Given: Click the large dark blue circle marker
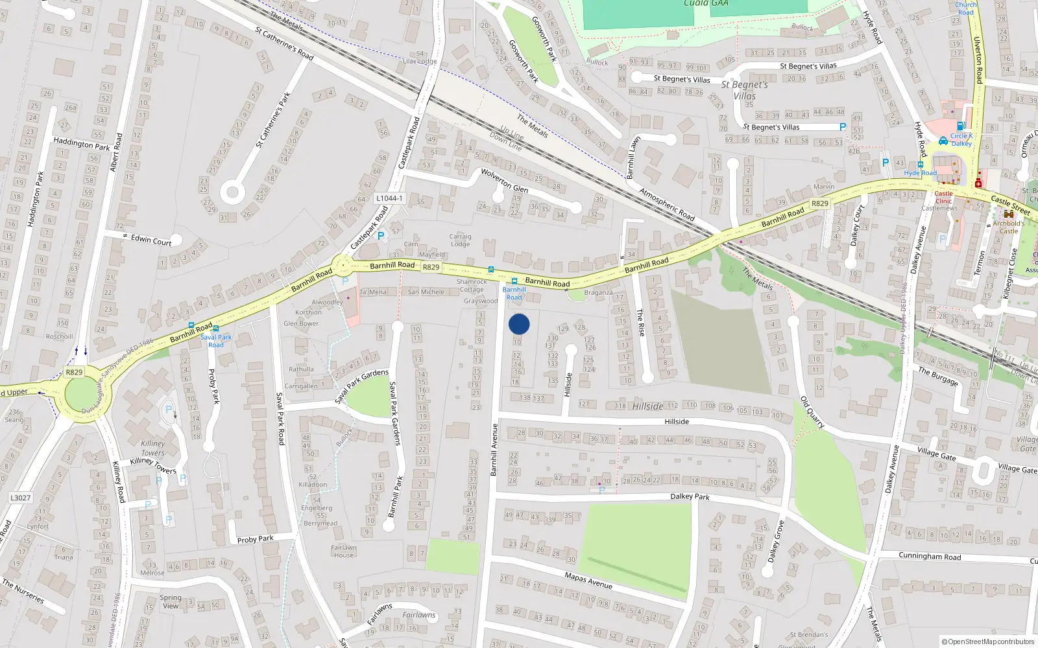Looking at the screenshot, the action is click(x=519, y=324).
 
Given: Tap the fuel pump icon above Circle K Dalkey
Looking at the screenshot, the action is click(x=961, y=126).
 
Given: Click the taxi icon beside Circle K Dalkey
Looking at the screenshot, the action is click(x=943, y=141).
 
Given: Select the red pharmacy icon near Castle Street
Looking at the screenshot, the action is click(x=978, y=183).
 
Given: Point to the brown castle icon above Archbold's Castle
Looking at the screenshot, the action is click(x=1008, y=214).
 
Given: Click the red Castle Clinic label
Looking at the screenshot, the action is click(x=943, y=197).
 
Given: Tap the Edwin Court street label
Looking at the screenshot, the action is click(x=151, y=240).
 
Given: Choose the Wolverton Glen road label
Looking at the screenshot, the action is click(x=504, y=181).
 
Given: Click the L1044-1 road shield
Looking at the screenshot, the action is click(x=389, y=198).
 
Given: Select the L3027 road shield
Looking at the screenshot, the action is click(x=20, y=498).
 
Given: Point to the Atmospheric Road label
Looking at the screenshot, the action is click(x=667, y=204).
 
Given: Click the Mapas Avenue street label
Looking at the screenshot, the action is click(x=588, y=580).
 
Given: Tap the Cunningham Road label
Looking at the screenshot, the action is click(x=930, y=556).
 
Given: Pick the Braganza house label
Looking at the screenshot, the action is click(x=598, y=292).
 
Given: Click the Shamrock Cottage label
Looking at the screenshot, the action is click(x=471, y=285).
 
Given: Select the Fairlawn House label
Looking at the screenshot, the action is click(x=344, y=551).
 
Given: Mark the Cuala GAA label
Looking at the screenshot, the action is click(x=706, y=4).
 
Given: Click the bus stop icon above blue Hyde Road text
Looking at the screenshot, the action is click(x=920, y=165).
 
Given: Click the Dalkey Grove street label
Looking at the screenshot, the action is click(x=776, y=542).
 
